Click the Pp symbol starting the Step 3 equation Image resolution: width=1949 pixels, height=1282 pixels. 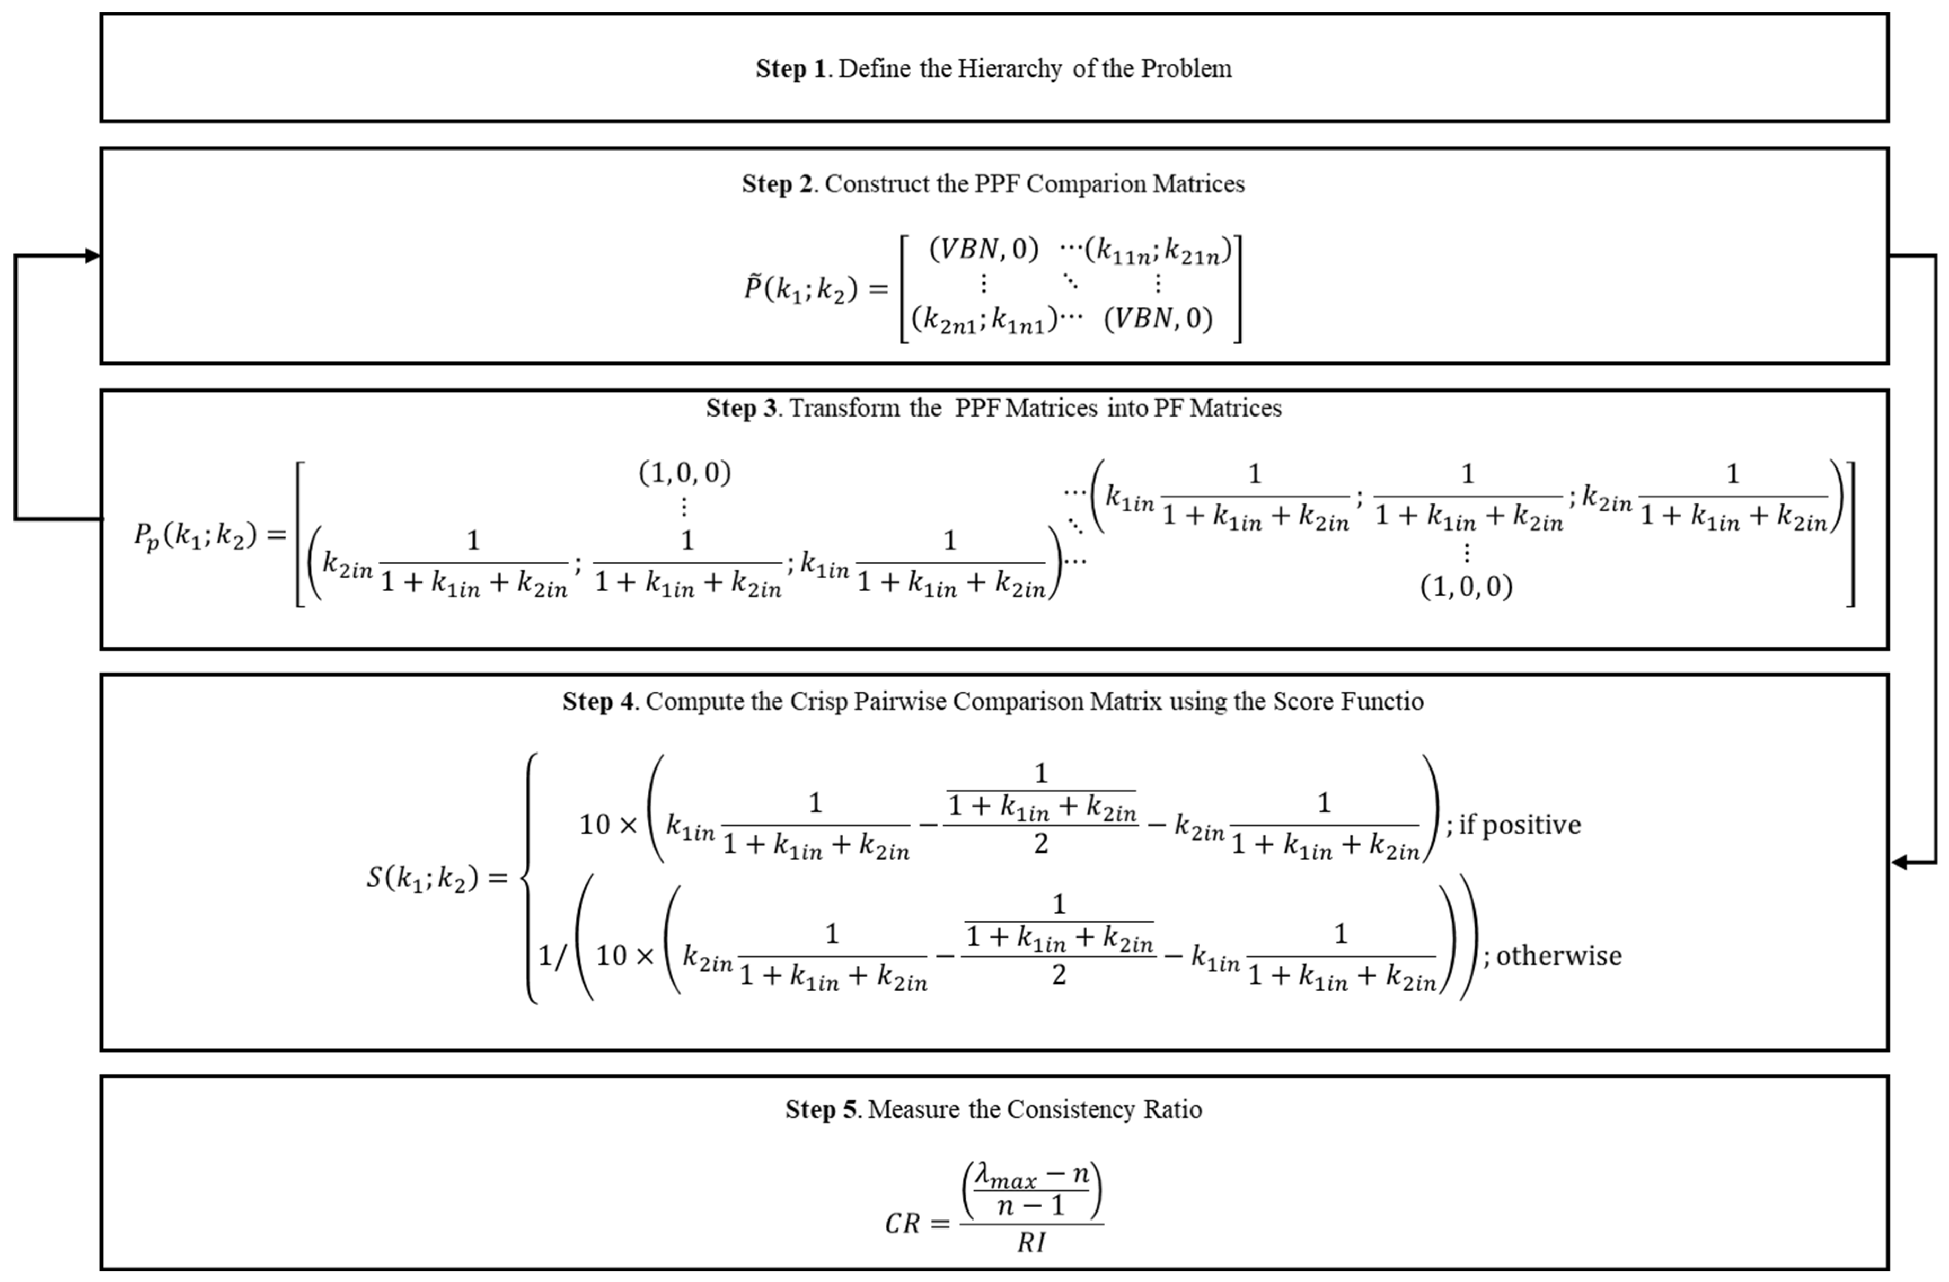point(147,536)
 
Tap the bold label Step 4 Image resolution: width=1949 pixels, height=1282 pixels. point(598,702)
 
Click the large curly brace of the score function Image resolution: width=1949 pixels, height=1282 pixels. point(530,878)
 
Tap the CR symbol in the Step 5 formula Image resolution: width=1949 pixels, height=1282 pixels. point(903,1224)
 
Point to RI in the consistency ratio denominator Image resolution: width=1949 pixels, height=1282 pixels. point(1031,1243)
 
